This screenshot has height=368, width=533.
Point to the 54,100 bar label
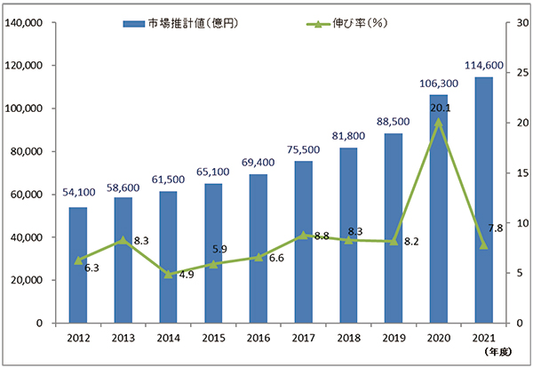tap(78, 195)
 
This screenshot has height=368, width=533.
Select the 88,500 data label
tap(393, 122)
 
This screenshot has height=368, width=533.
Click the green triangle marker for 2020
tap(438, 121)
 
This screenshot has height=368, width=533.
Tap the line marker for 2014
tap(168, 274)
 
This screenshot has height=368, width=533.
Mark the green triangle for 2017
tap(303, 235)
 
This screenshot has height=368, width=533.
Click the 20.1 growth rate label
tap(438, 108)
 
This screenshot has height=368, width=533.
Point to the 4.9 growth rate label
tap(188, 274)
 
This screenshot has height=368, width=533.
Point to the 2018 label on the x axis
tap(347, 339)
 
